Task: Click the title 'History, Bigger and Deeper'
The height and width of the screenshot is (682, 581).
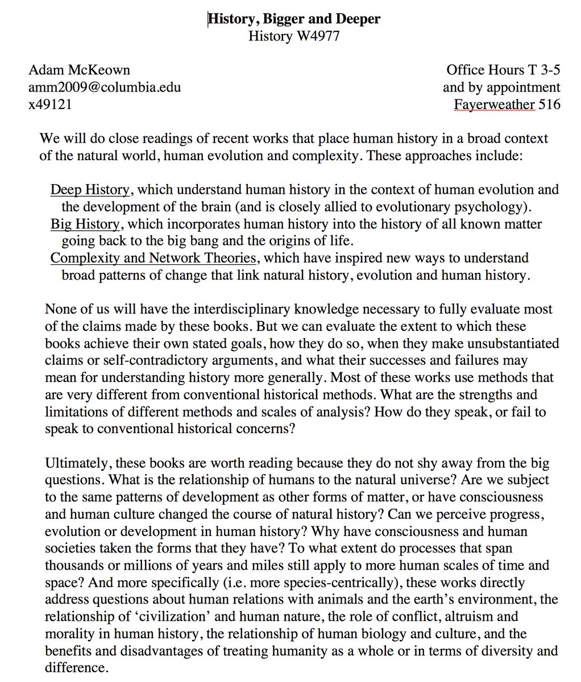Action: coord(294,19)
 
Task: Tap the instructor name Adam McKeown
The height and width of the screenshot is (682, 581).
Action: coord(79,70)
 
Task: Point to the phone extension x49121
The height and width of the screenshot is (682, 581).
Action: coord(50,105)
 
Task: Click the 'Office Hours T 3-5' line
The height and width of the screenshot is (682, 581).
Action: coord(503,70)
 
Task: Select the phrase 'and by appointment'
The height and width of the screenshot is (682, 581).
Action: coord(501,88)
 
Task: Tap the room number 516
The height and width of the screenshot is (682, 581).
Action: coord(550,105)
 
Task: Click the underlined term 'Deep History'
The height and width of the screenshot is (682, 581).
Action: coord(90,189)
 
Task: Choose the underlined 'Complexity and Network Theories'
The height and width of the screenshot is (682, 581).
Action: coord(153,258)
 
